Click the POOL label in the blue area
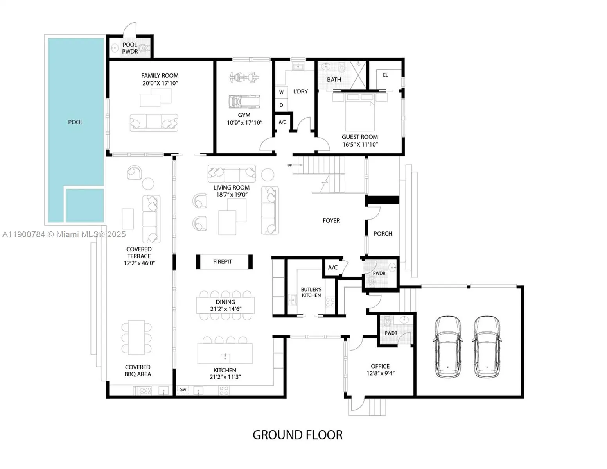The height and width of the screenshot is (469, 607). pos(75,122)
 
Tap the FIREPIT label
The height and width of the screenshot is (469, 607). pos(223,261)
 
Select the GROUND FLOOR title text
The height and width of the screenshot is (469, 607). pos(297,435)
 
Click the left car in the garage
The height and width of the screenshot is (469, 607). pos(447,347)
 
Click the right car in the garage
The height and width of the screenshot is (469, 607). pos(487,347)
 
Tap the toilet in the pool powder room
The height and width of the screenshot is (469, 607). pos(145,48)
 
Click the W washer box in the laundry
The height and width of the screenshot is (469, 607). pos(281,92)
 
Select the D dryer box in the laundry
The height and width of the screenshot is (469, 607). pos(281,105)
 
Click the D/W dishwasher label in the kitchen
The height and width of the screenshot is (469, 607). pos(183,390)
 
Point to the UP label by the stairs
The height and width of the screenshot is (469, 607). pos(290,165)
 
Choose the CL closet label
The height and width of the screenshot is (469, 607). pos(385,75)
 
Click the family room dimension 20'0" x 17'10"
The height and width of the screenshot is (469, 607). pos(160,83)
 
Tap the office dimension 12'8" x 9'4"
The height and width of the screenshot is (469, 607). pos(380,373)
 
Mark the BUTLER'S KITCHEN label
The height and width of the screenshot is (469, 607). pos(311,292)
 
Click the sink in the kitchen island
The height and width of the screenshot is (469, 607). pos(225,357)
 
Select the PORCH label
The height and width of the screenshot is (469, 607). pos(383,234)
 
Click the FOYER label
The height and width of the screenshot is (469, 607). pos(331,221)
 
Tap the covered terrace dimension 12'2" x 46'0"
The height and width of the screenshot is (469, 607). pos(139,263)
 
